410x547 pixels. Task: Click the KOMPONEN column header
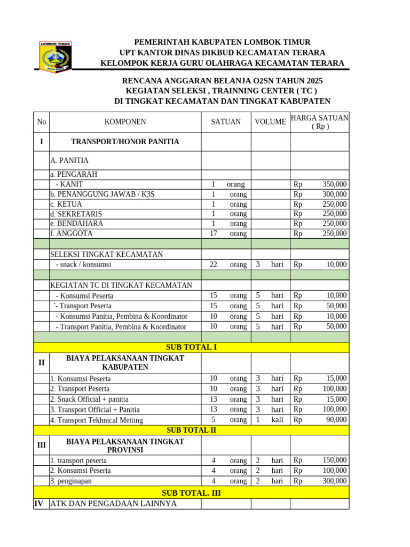click(x=125, y=122)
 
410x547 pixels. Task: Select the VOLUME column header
click(x=270, y=122)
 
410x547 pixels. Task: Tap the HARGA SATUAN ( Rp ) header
click(x=320, y=122)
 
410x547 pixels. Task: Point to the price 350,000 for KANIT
click(x=334, y=184)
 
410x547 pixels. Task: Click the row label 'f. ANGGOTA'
click(x=71, y=233)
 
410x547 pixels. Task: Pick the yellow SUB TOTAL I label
click(x=191, y=347)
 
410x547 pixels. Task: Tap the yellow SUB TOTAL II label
click(x=191, y=430)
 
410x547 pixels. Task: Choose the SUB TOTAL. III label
click(x=191, y=493)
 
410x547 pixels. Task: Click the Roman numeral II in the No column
click(x=42, y=363)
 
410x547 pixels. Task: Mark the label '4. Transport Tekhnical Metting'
click(x=97, y=420)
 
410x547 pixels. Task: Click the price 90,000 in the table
click(x=336, y=420)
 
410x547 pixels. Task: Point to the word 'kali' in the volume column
click(x=277, y=420)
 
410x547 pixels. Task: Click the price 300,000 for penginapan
click(x=334, y=481)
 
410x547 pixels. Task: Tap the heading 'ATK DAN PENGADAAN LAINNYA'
click(x=113, y=503)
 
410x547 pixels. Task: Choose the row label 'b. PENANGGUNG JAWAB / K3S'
click(x=102, y=194)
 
